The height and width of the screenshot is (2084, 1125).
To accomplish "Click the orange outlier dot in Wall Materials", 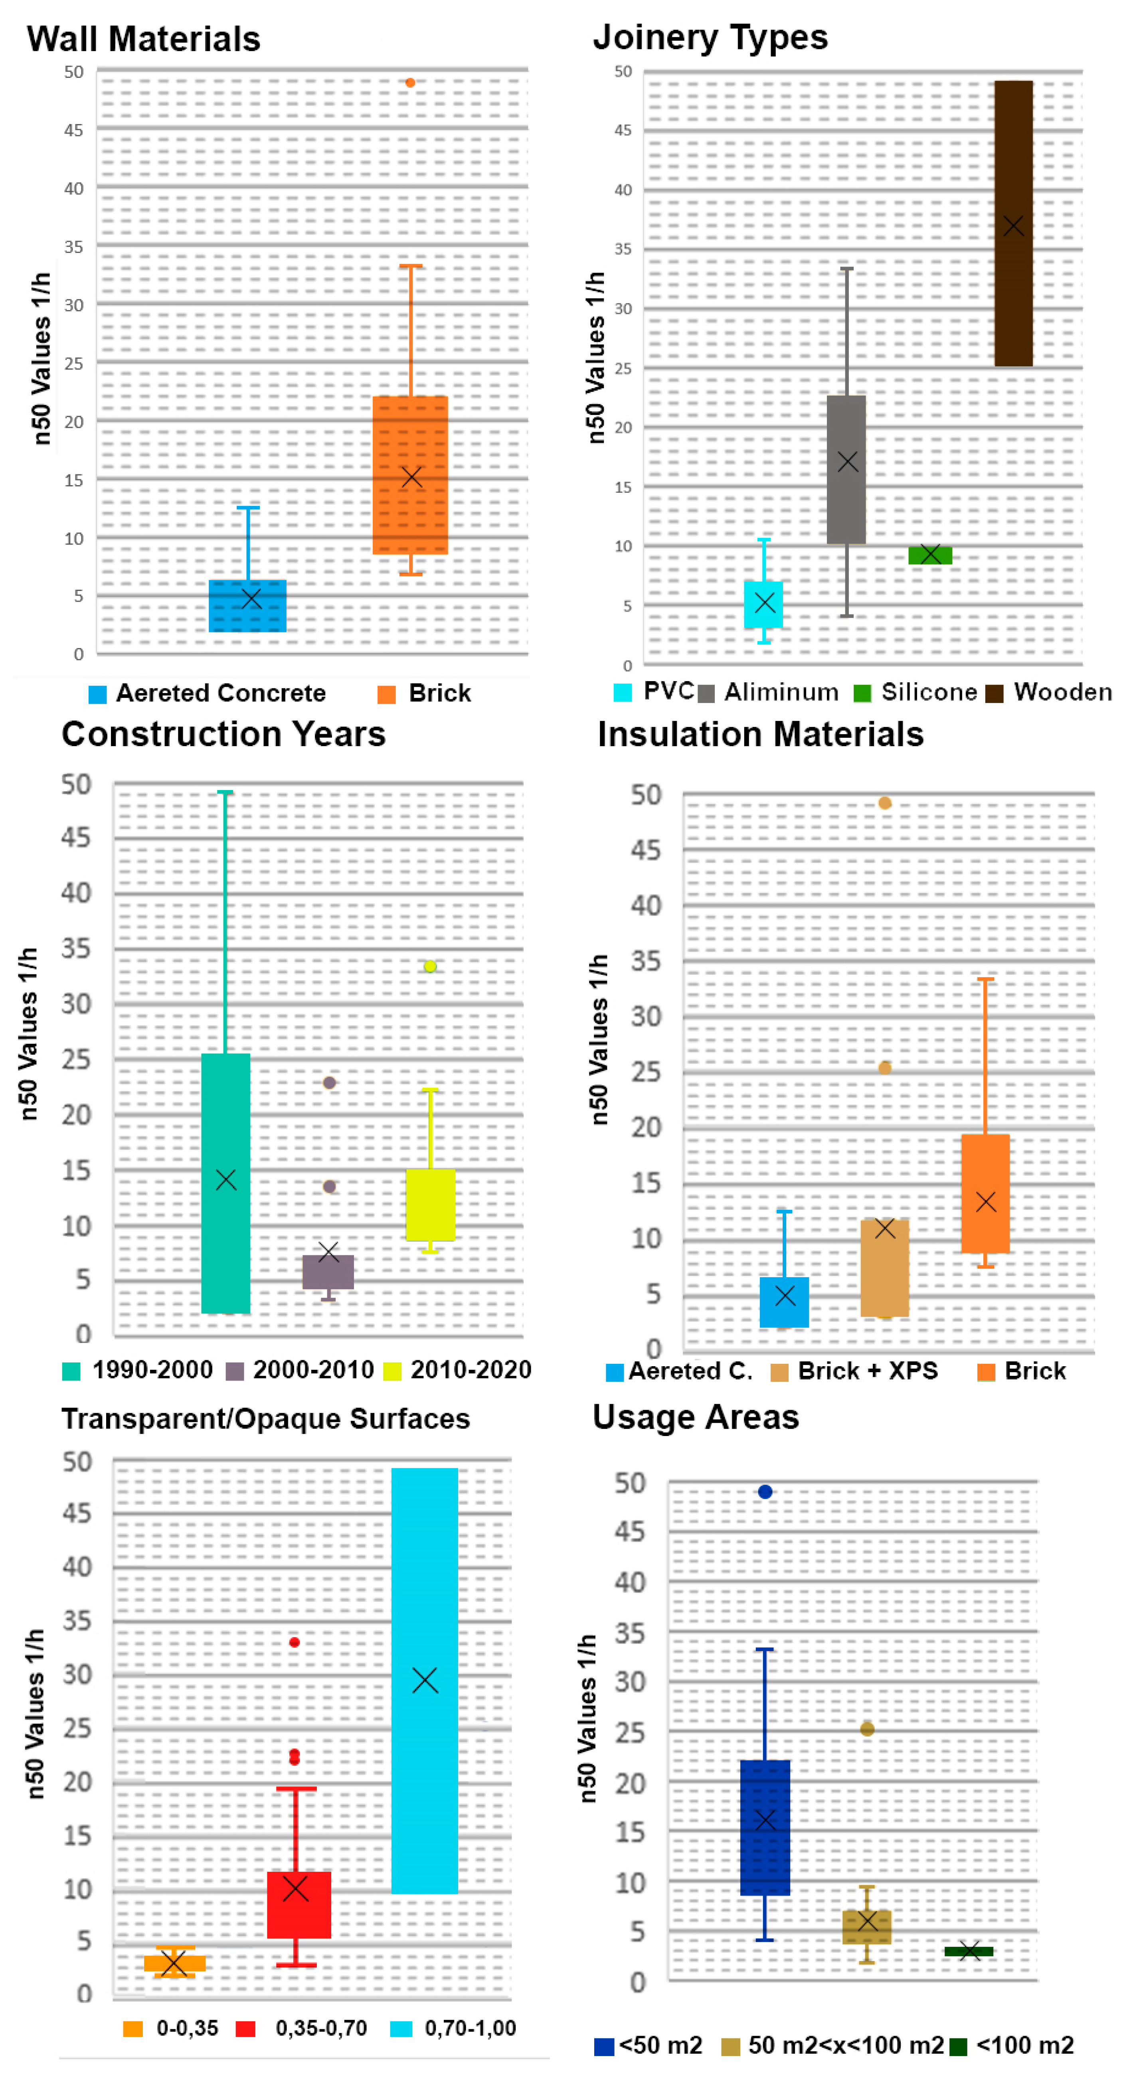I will pos(410,83).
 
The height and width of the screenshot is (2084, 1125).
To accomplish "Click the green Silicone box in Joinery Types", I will pos(930,555).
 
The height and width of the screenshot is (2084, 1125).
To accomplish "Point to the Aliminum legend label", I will pos(781,693).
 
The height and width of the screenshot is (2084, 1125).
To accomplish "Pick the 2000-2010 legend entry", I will pos(313,1370).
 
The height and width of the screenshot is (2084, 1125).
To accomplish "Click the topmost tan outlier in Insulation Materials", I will pos(885,803).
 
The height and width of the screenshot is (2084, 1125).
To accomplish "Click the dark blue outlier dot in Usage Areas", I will pos(765,1492).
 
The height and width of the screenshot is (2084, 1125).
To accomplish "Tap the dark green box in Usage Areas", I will pos(969,1951).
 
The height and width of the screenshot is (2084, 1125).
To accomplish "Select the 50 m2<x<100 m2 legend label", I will pos(846,2045).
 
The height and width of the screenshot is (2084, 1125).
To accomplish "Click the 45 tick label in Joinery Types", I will pos(623,130).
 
